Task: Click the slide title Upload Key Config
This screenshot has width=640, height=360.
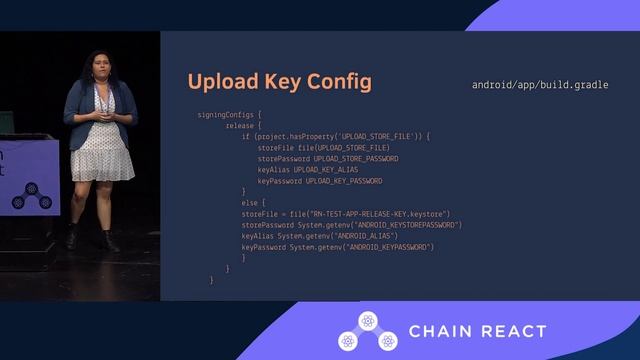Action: click(x=279, y=82)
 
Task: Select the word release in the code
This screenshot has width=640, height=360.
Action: click(x=239, y=126)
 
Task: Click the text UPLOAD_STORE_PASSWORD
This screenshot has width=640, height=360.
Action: click(x=356, y=158)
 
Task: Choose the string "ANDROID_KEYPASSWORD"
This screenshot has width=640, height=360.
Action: click(x=389, y=246)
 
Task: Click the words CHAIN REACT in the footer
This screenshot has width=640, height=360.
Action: click(x=478, y=332)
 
